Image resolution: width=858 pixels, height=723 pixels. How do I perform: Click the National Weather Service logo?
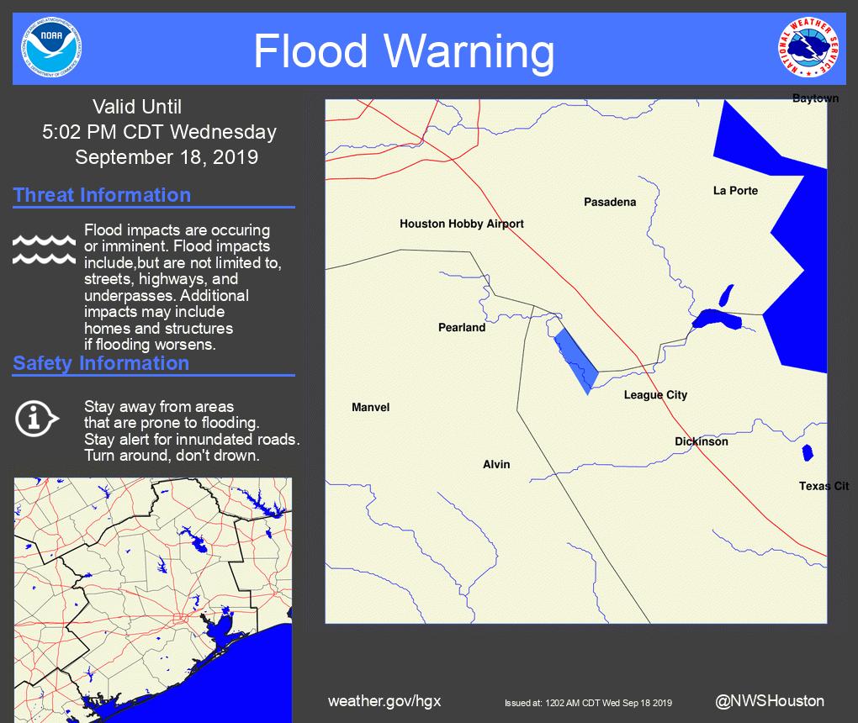[x=808, y=48]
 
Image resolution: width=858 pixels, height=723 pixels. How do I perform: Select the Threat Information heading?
[x=102, y=195]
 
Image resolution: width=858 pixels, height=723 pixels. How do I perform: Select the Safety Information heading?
[x=101, y=363]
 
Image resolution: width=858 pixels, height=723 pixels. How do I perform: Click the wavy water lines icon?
[x=44, y=249]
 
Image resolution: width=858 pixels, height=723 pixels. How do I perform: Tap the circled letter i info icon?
[x=36, y=417]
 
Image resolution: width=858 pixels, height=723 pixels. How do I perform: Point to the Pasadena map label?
[x=610, y=202]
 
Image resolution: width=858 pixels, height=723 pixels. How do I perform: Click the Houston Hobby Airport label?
[x=461, y=224]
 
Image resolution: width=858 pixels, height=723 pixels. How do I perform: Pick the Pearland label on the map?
[x=462, y=327]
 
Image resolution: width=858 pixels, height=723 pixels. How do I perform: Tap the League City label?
[x=655, y=395]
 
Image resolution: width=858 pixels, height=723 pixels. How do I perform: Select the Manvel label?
[x=370, y=408]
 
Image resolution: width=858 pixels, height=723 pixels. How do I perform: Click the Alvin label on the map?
[x=496, y=464]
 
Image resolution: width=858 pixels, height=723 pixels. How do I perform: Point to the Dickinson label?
[x=701, y=441]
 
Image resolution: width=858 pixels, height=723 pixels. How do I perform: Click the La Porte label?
[x=735, y=191]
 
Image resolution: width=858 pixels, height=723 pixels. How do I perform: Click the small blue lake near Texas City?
[x=808, y=452]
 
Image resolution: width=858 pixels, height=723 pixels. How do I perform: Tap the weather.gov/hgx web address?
[x=384, y=701]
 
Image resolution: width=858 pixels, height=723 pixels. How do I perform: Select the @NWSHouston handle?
[x=769, y=700]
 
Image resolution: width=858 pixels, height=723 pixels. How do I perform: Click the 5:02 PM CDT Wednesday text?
[x=159, y=132]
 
